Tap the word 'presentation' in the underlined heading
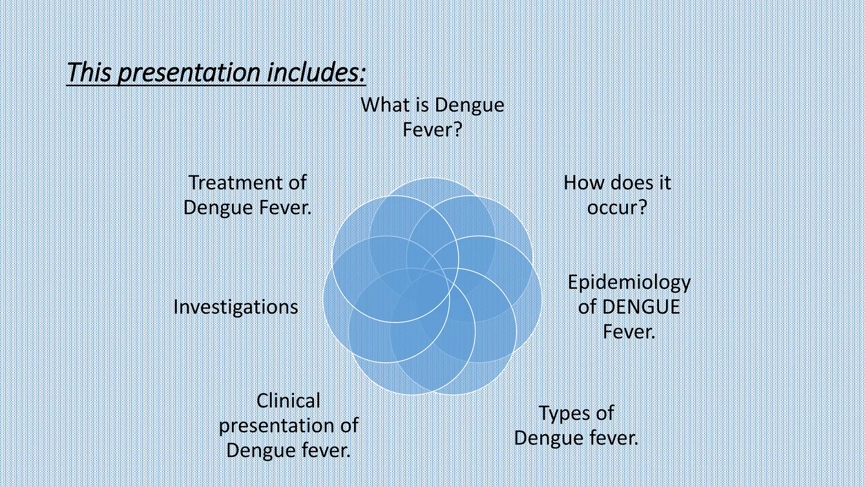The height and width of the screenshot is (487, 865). pos(189,73)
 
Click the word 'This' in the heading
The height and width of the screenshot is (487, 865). pos(89,73)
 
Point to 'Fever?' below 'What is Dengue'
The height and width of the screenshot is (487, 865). pos(432,129)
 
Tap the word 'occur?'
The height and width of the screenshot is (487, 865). pos(617,207)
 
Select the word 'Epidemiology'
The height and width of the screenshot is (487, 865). pos(629,282)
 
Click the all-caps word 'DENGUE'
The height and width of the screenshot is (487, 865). pos(641,307)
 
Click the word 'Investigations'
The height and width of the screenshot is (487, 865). pos(236,307)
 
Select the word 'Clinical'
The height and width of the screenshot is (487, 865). pos(288,401)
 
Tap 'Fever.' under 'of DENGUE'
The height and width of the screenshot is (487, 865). pos(629,331)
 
